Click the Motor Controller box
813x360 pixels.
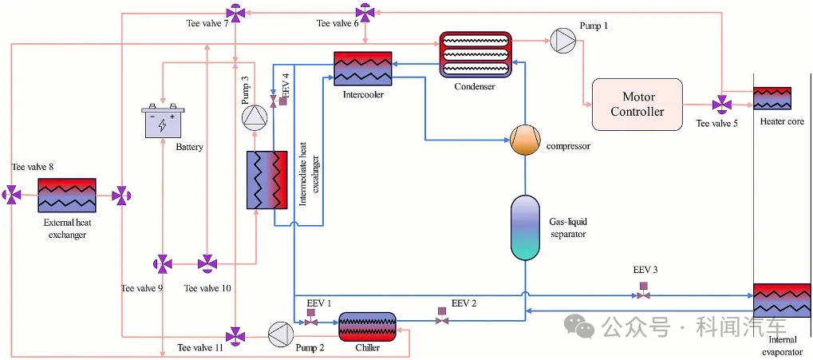(x=637, y=105)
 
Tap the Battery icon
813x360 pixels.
(x=163, y=124)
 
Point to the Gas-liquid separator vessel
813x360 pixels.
(x=525, y=227)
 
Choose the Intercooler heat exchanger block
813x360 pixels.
(x=363, y=69)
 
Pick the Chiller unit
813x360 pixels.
(x=368, y=327)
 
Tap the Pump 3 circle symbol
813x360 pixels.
(x=255, y=118)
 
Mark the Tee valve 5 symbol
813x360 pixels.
(x=721, y=105)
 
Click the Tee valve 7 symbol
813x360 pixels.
(x=235, y=13)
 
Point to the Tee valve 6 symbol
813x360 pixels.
(x=365, y=13)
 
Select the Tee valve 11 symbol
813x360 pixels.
(x=235, y=335)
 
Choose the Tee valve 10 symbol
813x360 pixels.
(x=207, y=263)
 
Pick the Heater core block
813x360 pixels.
(x=772, y=98)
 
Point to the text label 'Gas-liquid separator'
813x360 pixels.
(x=568, y=227)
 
